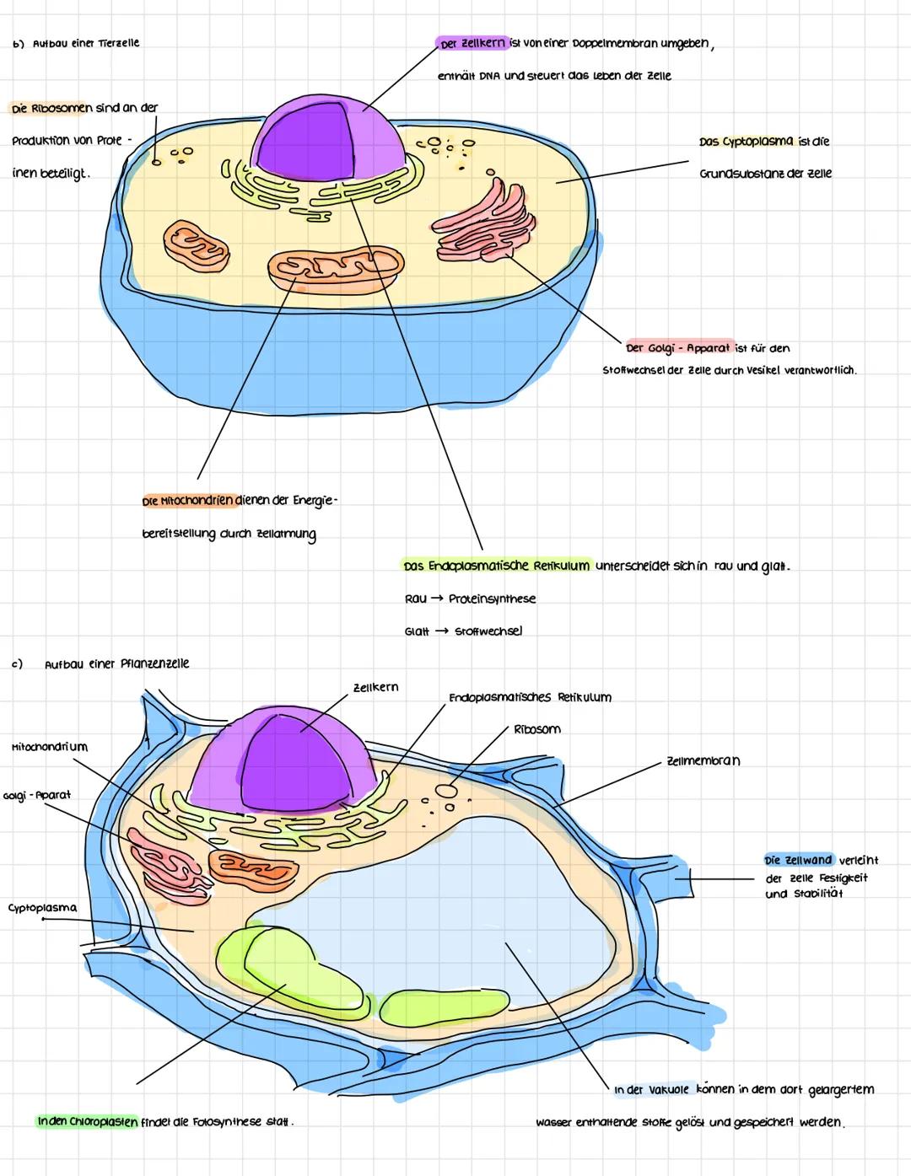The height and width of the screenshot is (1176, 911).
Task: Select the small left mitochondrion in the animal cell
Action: (196, 245)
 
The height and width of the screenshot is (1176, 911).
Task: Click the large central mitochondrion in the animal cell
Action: (335, 268)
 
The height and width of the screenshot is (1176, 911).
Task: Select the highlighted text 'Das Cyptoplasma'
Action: (746, 141)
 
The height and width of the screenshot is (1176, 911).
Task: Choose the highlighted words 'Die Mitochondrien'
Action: (188, 501)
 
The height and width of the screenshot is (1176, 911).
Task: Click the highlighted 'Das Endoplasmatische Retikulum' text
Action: (496, 566)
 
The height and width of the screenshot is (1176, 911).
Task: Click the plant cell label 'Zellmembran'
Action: (703, 760)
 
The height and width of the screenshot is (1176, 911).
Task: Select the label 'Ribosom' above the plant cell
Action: (536, 729)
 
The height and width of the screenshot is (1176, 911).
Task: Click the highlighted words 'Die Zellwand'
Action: (798, 861)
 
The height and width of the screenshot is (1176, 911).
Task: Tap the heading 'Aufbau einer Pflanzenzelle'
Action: (116, 663)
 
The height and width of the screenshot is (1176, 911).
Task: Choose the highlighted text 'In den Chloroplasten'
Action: (87, 1122)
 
